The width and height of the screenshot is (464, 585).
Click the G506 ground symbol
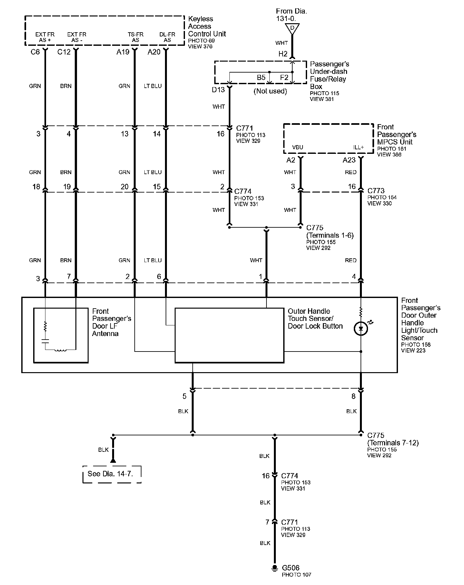tap(275, 576)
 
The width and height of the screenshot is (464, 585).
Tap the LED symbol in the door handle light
tap(361, 329)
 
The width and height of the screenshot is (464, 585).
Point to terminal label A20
tap(154, 52)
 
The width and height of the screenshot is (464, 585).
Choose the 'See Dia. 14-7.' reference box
tap(112, 474)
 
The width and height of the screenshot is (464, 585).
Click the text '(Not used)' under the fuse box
tap(270, 91)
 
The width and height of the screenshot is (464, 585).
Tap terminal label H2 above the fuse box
tap(283, 54)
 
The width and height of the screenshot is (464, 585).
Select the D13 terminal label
tap(218, 90)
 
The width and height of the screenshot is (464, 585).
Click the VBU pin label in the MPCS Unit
tap(297, 147)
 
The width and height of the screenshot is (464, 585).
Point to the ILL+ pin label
tap(358, 147)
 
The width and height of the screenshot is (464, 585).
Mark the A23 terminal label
tap(349, 160)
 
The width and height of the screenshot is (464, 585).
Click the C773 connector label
tap(376, 191)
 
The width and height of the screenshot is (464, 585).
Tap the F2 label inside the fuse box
tap(284, 77)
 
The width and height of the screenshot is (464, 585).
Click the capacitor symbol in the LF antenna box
tap(45, 341)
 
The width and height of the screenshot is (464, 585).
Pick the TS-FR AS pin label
tap(135, 37)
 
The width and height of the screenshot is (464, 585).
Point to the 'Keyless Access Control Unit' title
tap(207, 26)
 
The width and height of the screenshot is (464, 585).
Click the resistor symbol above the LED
tap(361, 312)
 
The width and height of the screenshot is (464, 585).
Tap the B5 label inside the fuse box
tap(261, 77)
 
